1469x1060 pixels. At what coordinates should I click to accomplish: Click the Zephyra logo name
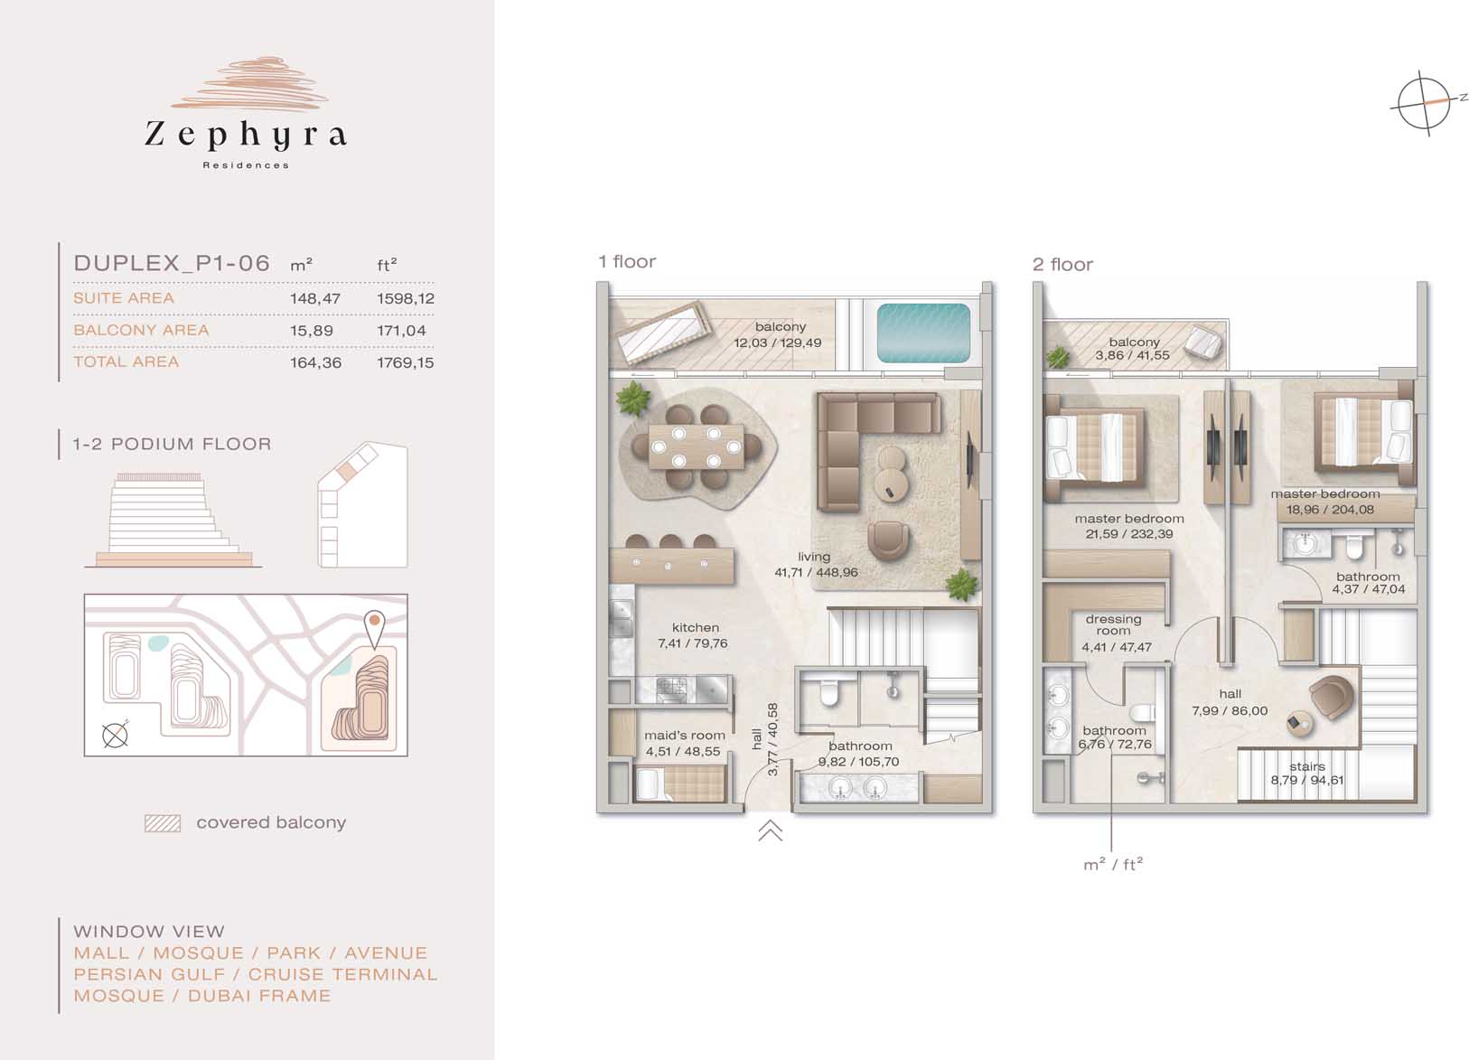246,136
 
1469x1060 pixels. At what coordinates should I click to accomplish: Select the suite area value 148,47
314,298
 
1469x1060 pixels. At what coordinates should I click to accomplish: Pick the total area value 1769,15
405,362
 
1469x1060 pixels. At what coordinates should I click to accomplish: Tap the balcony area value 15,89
312,331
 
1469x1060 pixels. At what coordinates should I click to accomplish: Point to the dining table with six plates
697,446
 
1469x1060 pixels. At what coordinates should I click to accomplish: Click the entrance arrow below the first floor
771,830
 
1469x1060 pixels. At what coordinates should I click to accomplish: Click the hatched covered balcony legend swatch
162,823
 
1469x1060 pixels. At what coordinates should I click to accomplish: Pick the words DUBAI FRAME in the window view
259,996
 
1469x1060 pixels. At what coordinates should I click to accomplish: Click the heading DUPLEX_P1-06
172,264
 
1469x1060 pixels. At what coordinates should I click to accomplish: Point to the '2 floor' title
1062,265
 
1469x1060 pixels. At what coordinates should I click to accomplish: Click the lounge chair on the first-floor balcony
664,332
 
